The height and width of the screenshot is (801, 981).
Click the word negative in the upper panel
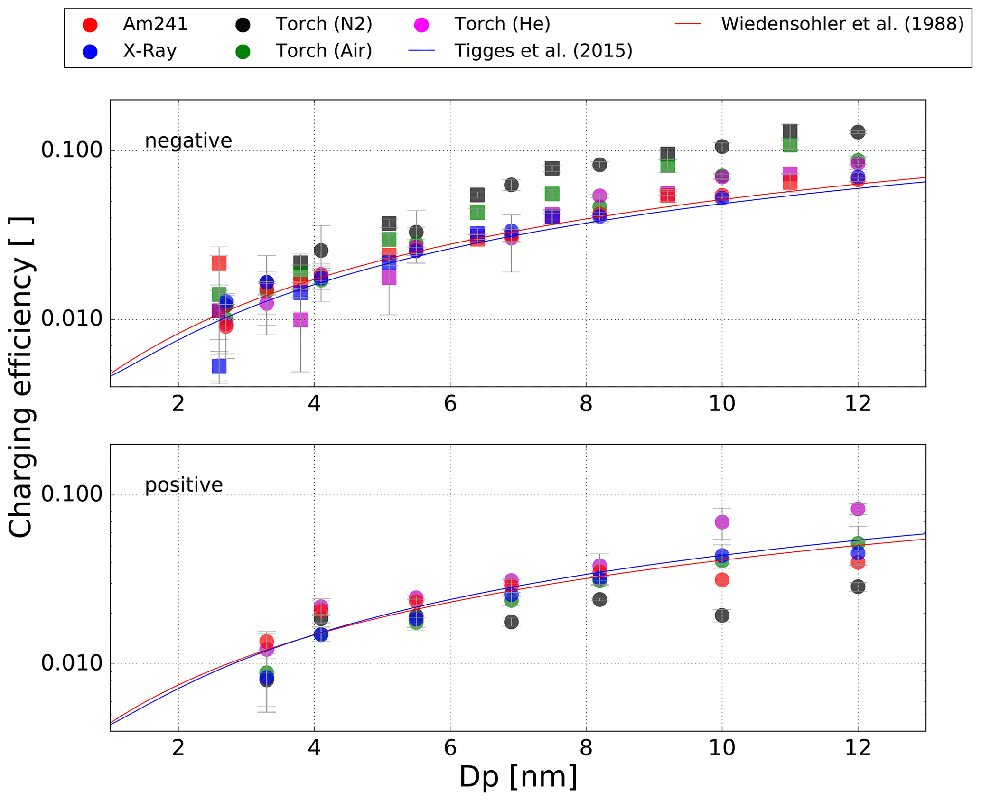click(x=188, y=141)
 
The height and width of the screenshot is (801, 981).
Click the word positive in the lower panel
click(x=184, y=485)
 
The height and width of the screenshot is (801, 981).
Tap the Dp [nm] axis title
click(x=518, y=777)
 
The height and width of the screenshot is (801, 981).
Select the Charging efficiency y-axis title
click(x=21, y=377)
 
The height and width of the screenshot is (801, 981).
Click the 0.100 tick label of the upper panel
click(x=65, y=150)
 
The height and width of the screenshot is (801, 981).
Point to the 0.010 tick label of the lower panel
click(x=65, y=663)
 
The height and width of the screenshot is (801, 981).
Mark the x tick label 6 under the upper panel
click(x=450, y=404)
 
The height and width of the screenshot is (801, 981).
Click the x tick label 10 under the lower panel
click(x=721, y=748)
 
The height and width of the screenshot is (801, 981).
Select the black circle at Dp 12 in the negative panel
click(x=858, y=132)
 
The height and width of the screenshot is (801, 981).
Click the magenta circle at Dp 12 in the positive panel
click(x=858, y=509)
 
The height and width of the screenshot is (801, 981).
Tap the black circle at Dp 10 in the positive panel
click(x=722, y=615)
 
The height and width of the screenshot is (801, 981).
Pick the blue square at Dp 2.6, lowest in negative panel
click(x=219, y=366)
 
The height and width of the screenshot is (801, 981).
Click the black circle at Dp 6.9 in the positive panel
click(x=511, y=622)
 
